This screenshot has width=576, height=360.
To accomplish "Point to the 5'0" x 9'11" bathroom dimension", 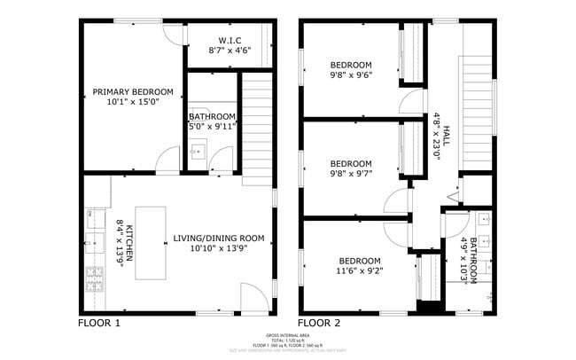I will (x=212, y=127).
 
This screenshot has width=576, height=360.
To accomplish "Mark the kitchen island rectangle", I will (x=152, y=243).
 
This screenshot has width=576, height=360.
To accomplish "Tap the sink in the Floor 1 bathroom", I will (x=199, y=152).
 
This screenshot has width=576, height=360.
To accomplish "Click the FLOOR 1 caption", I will (x=98, y=323).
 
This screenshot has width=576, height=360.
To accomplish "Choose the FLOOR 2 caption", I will (x=318, y=323).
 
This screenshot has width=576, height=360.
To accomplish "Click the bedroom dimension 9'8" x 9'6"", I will (x=351, y=76).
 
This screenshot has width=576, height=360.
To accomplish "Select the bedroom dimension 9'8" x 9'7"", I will (x=351, y=175).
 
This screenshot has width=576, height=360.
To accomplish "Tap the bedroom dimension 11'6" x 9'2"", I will (x=359, y=272).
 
